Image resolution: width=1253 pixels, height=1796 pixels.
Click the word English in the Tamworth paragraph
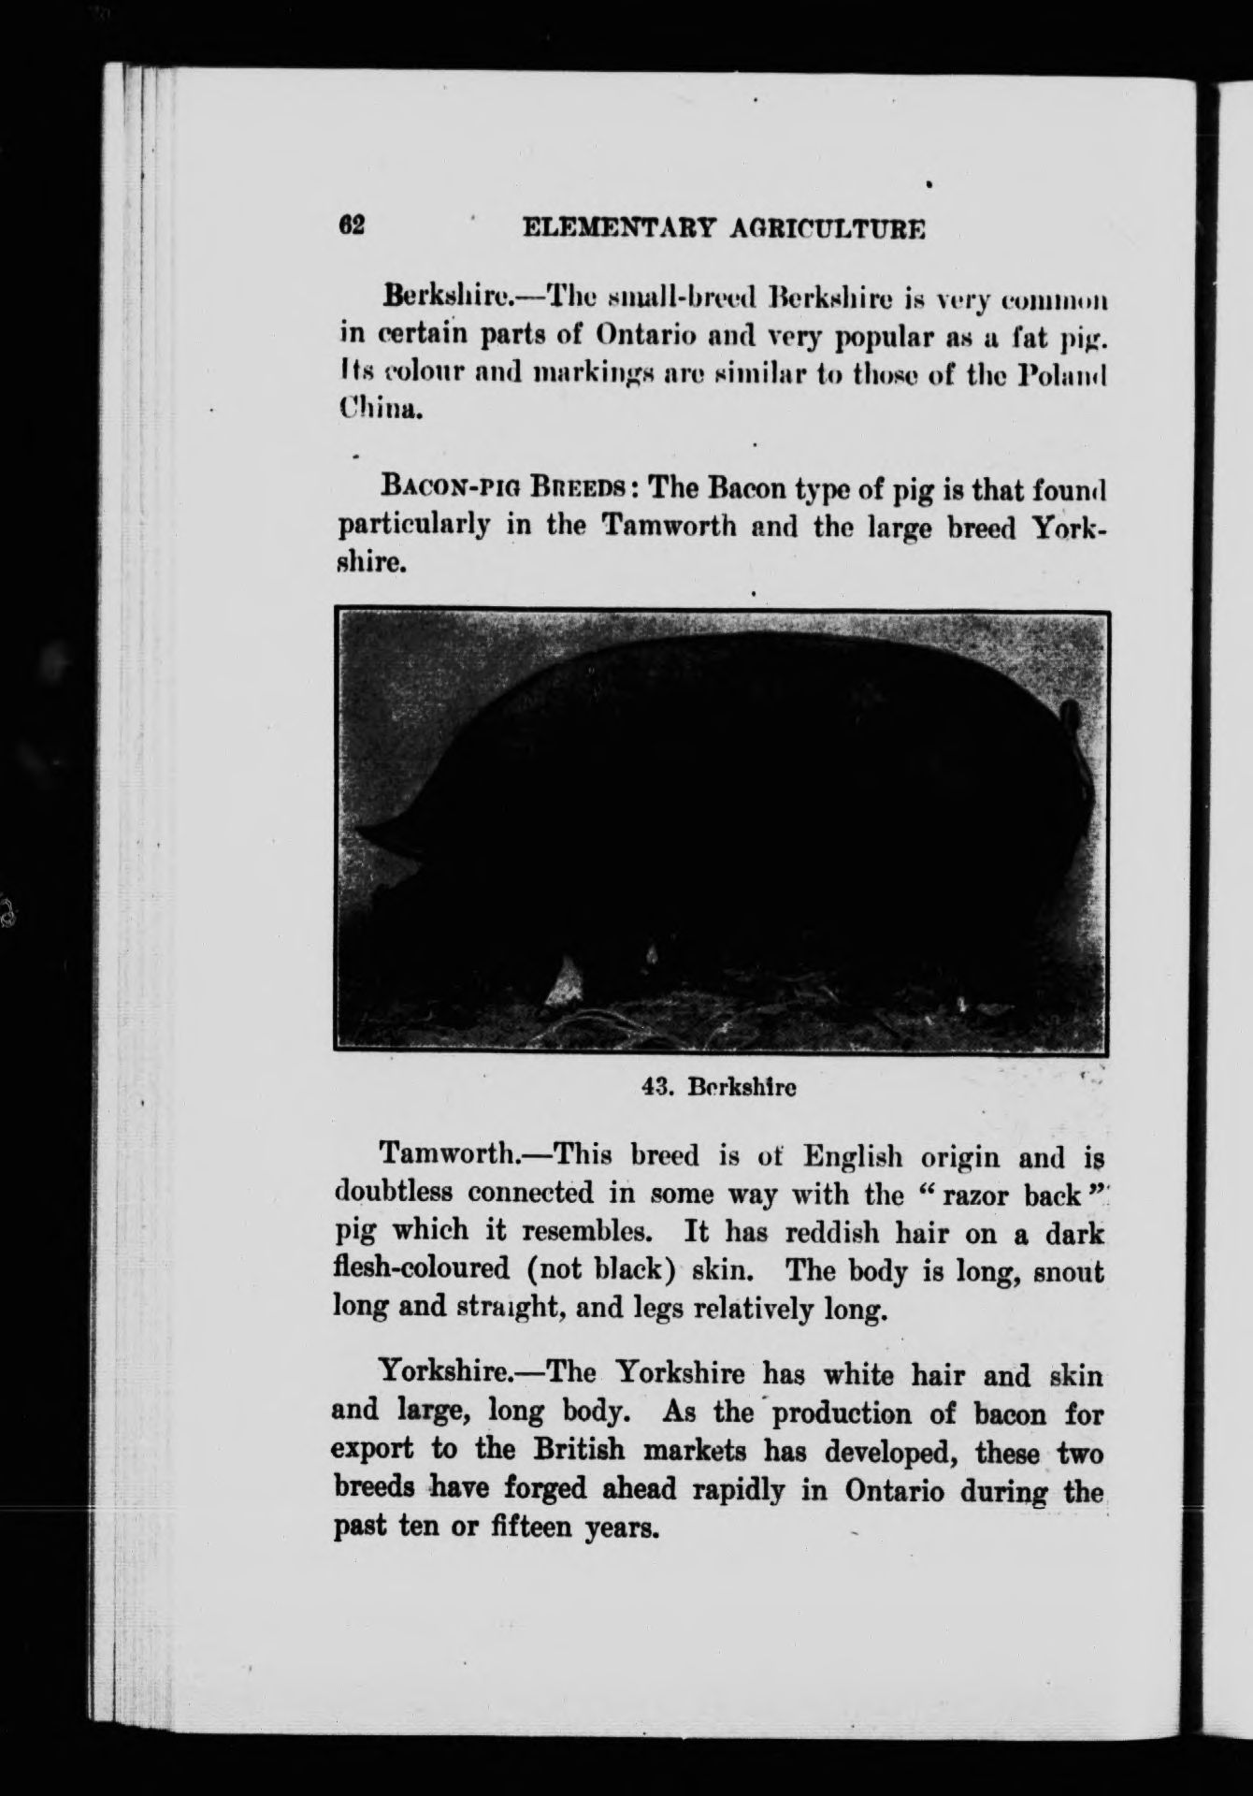852,1156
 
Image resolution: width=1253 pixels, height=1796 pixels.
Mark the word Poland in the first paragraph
1064,372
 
